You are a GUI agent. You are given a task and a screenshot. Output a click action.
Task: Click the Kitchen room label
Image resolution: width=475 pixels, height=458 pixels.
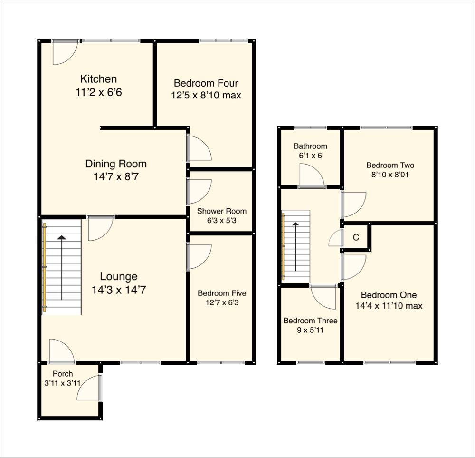click(98, 79)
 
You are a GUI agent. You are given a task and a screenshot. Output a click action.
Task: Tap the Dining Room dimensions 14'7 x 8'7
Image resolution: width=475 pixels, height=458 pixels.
click(116, 177)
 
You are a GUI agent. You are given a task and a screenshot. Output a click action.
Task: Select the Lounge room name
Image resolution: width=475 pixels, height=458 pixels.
click(119, 276)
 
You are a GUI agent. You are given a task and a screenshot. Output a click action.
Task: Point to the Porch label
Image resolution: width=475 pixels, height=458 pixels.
click(63, 374)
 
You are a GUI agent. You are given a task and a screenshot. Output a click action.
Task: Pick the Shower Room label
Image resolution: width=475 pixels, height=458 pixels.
click(222, 211)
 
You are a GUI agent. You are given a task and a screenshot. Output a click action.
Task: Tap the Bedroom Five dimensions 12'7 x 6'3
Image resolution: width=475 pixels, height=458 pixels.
click(222, 302)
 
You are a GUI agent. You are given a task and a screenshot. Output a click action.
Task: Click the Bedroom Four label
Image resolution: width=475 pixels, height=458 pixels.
click(206, 83)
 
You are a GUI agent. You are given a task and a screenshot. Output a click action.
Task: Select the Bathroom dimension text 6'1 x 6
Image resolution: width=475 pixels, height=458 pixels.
click(310, 156)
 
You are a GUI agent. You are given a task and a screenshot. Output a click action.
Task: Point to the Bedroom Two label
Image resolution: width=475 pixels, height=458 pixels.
click(390, 166)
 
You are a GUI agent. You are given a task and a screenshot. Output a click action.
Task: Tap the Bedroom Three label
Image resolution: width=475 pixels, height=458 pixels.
click(310, 321)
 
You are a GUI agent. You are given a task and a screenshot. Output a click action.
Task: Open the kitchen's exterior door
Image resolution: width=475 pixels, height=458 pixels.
click(64, 52)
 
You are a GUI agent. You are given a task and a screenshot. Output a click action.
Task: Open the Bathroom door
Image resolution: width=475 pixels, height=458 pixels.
click(311, 176)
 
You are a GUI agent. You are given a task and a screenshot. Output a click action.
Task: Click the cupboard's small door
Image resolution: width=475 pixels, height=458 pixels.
click(336, 238)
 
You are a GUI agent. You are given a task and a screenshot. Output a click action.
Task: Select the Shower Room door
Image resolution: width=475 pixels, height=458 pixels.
click(199, 191)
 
